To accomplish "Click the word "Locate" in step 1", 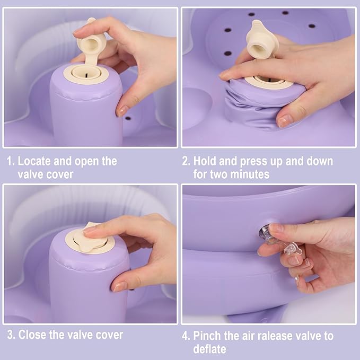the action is [x=34, y=161].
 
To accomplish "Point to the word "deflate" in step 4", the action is [x=209, y=349].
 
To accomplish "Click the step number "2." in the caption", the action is [x=186, y=161].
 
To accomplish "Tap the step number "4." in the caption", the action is [x=186, y=336].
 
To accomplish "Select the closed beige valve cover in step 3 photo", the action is [x=90, y=239].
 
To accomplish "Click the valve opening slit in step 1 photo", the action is [x=86, y=75].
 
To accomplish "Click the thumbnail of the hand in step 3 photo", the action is [x=119, y=286].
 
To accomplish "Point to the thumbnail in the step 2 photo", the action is [x=285, y=120].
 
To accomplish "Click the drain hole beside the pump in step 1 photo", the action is [x=128, y=118].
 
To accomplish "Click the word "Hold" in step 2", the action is [x=204, y=161].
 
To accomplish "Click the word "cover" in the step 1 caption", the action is [x=60, y=174].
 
